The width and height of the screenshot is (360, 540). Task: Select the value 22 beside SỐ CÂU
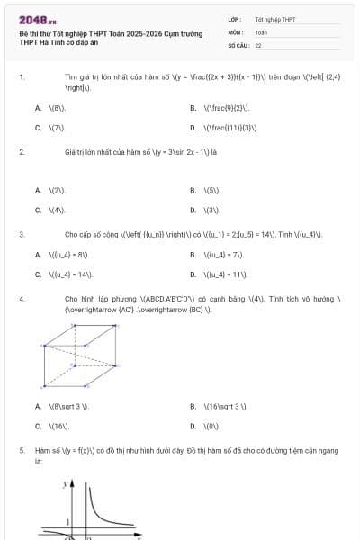point(258,44)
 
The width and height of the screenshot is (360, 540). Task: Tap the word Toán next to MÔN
point(261,31)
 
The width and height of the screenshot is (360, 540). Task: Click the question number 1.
point(21,78)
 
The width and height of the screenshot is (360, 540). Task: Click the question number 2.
point(21,152)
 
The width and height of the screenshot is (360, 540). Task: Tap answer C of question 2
point(51,210)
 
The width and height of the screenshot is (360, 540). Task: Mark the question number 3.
point(21,234)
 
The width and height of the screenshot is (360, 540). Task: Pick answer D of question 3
point(220,274)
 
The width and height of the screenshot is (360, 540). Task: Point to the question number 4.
point(21,297)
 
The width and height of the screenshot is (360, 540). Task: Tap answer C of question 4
point(52,426)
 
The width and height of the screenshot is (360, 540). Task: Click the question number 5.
point(21,449)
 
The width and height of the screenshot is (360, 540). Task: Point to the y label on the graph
point(65,484)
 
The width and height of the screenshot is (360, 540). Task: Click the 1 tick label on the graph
point(68,522)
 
